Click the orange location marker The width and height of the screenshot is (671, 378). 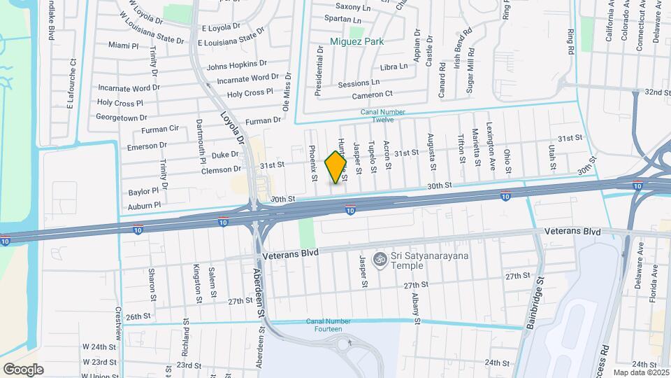336,167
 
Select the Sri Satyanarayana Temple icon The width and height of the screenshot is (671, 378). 380,259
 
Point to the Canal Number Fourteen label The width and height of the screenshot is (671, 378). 324,325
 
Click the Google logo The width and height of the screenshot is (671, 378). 23,369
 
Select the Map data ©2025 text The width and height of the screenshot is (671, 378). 640,372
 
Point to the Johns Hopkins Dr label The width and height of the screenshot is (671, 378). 237,66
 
